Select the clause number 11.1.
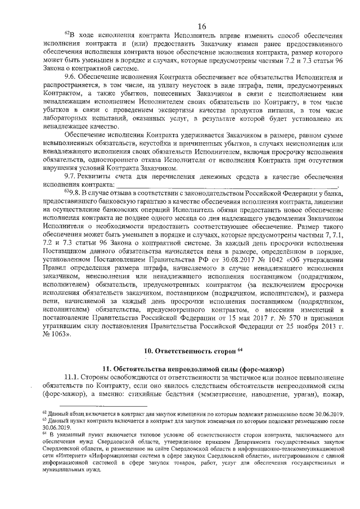click(x=73, y=376)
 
